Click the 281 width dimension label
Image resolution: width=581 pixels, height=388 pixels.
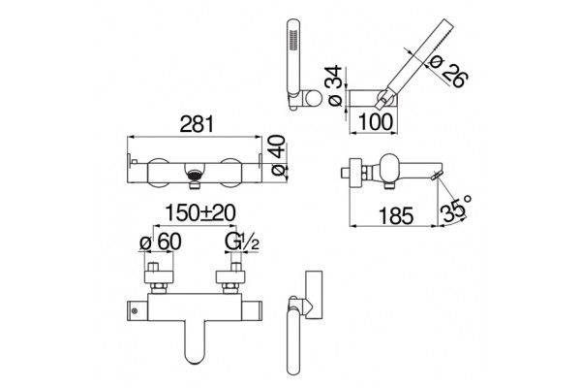(197, 124)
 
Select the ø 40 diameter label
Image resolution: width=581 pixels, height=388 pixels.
(279, 155)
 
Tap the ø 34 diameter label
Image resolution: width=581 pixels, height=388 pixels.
(335, 85)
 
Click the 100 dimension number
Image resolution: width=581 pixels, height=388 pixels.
(375, 122)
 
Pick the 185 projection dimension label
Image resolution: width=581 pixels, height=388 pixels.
(396, 215)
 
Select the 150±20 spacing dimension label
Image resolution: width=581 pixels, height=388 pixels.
(200, 213)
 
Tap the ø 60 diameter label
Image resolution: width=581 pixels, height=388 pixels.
(161, 242)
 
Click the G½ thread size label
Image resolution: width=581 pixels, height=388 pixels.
(241, 242)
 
